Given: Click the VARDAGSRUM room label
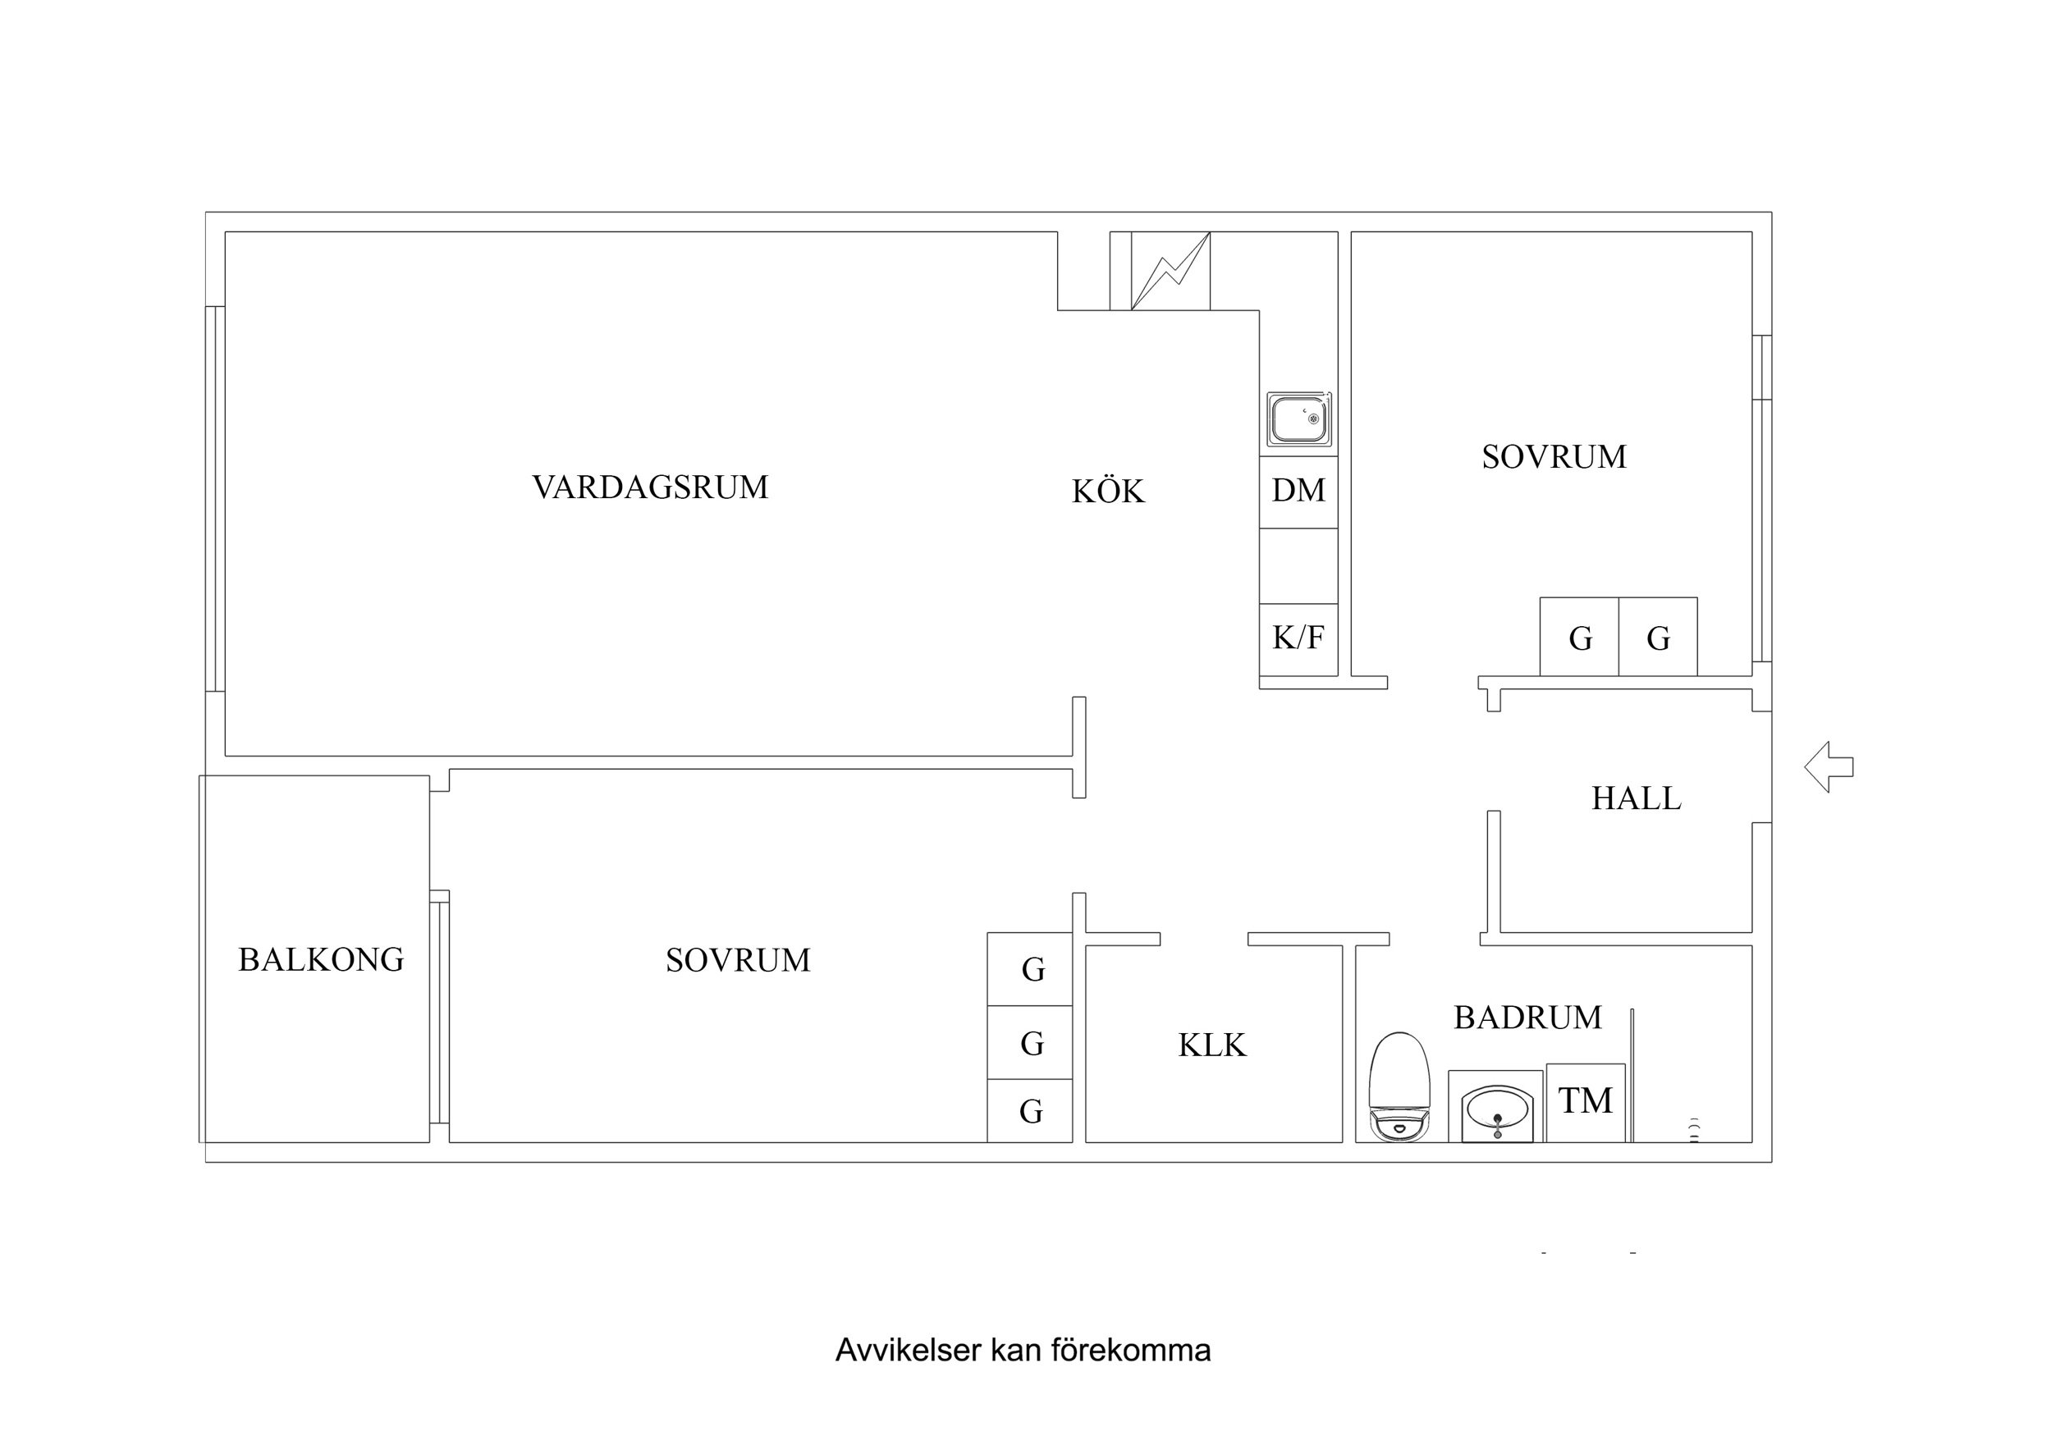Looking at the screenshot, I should click(650, 487).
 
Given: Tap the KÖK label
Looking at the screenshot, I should click(1108, 492).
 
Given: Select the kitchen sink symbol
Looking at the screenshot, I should click(1299, 419).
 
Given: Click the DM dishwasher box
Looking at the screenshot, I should click(1298, 491).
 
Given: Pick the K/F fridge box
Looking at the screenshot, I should click(1298, 638).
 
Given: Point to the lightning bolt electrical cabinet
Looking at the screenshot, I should click(1170, 271).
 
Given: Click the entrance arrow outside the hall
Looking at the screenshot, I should click(1828, 766).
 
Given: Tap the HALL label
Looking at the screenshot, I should click(1636, 798).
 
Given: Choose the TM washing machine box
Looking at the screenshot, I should click(1585, 1101).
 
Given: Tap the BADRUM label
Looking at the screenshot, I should click(1527, 1018).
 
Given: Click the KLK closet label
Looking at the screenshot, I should click(1211, 1045).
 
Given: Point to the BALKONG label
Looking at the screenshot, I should click(321, 960).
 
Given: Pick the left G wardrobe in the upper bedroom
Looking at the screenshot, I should click(1579, 638).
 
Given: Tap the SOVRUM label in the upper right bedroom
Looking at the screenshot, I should click(1554, 457).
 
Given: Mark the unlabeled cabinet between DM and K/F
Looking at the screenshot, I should click(1298, 565).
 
